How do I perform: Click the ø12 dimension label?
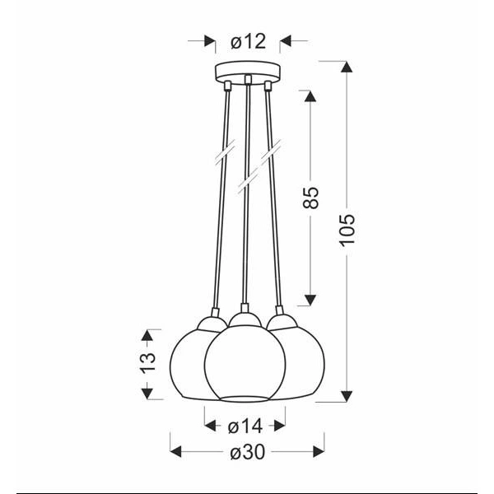click(x=245, y=39)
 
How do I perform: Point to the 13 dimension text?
click(x=147, y=363)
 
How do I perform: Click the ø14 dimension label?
click(x=245, y=426)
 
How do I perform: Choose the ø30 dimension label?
click(x=245, y=451)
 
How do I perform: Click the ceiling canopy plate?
click(x=245, y=72)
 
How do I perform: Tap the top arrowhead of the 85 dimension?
click(x=311, y=96)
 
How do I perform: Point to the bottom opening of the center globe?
click(x=245, y=399)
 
